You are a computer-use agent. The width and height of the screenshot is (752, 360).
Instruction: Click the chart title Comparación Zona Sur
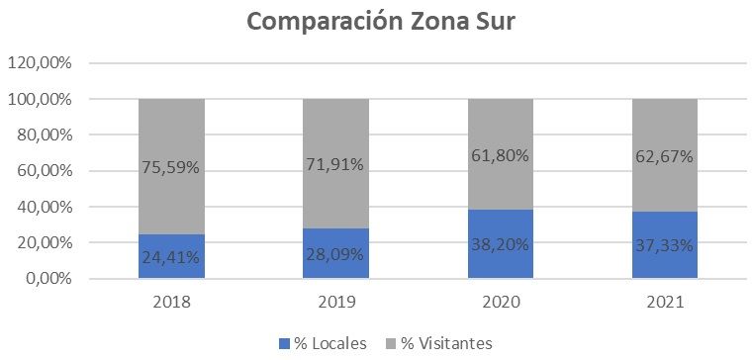point(382,22)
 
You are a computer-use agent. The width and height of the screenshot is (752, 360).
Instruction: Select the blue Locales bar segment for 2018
point(172,256)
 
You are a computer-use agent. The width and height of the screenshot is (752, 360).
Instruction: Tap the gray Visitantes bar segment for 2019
point(335,163)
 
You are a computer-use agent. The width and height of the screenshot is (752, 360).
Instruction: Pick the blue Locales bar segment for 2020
point(501,243)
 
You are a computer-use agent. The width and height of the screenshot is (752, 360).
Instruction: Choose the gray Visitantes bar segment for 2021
point(665,155)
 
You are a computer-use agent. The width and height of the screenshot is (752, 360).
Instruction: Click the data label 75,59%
point(171,168)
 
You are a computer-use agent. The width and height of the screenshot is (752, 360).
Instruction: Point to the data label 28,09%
point(335,254)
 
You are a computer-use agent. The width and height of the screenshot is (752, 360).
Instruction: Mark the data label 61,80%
point(501,155)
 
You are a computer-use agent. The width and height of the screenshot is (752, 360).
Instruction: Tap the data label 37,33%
point(665,246)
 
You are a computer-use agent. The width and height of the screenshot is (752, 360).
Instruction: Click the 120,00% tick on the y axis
point(40,63)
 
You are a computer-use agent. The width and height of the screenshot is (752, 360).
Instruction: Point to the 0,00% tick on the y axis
point(47,279)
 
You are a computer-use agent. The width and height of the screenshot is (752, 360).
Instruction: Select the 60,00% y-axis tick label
point(44,171)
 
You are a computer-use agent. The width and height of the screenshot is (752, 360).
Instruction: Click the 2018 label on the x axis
point(171,303)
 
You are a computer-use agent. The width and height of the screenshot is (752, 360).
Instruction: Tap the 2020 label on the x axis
point(501,303)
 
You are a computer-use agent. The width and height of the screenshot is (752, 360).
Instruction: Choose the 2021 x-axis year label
point(665,303)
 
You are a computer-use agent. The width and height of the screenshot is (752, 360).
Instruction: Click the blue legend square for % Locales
point(284,343)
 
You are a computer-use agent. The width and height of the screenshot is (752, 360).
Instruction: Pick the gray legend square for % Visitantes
point(392,343)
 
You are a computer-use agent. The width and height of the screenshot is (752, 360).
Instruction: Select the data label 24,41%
point(171,257)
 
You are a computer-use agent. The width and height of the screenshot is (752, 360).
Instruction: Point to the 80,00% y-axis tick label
point(44,135)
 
